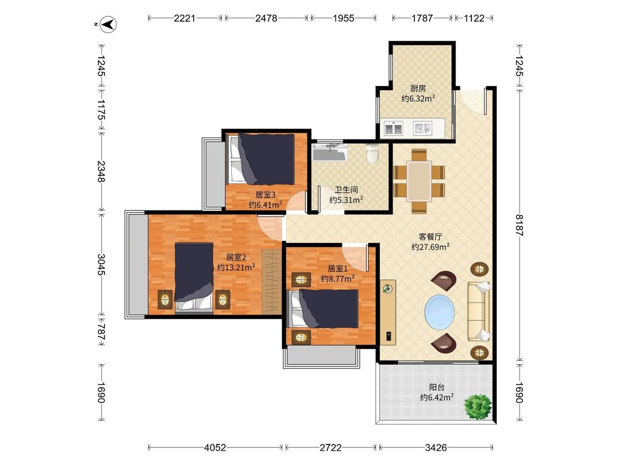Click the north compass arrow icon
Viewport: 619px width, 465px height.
[x=108, y=24]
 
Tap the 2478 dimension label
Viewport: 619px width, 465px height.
[x=266, y=18]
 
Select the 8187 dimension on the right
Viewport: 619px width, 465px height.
[x=519, y=225]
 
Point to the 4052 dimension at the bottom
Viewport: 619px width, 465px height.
[x=215, y=447]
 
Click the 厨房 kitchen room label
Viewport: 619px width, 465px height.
[x=418, y=89]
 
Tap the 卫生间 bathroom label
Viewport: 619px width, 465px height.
[x=346, y=190]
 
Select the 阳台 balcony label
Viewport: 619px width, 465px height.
[x=437, y=387]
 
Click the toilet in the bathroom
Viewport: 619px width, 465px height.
[x=373, y=153]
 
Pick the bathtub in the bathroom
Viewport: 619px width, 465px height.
[x=331, y=152]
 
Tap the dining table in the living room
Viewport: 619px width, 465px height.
[x=419, y=181]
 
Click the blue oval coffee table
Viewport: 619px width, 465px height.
[x=440, y=312]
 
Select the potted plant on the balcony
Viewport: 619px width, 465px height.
[x=478, y=406]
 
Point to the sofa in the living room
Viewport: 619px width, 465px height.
[x=479, y=311]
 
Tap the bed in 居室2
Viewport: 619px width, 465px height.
[x=194, y=278]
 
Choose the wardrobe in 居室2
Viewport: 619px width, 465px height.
[x=272, y=282]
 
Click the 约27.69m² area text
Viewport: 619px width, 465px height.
[x=430, y=247]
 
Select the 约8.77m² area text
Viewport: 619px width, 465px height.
[x=337, y=279]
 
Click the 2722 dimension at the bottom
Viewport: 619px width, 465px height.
[x=331, y=447]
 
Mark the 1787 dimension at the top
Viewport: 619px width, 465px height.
[x=422, y=18]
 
